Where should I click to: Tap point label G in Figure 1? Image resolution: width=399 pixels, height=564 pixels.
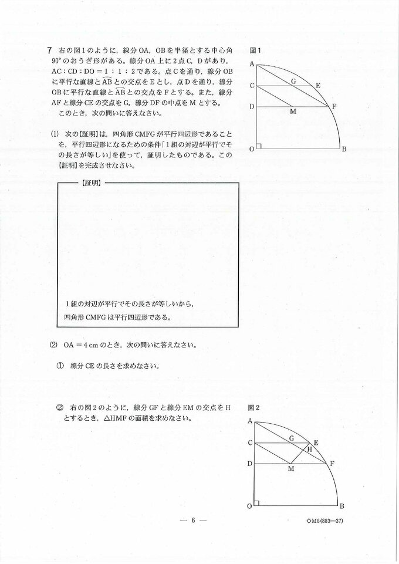pos(293,81)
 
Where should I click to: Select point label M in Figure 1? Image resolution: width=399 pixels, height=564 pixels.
pos(293,111)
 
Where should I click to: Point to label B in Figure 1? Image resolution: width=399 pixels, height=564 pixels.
pos(344,149)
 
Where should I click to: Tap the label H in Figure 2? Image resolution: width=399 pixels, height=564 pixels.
pos(310,449)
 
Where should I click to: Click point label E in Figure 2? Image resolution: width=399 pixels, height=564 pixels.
pos(317,442)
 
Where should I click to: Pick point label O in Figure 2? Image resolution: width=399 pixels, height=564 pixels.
pos(250,506)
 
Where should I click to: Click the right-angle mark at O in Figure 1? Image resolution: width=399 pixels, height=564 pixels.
pos(259,146)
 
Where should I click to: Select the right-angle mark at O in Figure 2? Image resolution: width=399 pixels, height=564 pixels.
pos(258,503)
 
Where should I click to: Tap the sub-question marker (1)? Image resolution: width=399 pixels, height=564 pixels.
pos(53,133)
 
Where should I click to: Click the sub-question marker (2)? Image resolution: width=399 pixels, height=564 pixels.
pos(53,345)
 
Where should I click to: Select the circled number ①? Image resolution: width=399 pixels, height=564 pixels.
pos(60,366)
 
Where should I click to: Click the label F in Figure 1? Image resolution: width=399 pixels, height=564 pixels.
pos(334,106)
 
